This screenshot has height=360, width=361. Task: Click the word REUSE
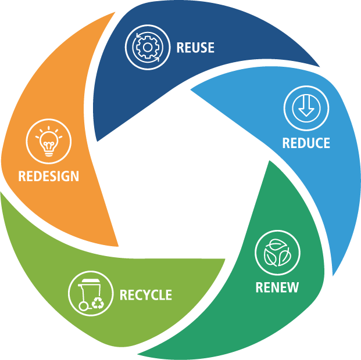click(x=195, y=48)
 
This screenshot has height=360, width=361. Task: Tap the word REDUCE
click(x=306, y=143)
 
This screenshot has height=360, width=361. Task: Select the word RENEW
click(x=277, y=287)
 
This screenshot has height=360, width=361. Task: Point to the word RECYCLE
click(x=146, y=294)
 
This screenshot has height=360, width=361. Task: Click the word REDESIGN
click(x=49, y=176)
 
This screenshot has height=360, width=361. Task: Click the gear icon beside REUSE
click(x=148, y=48)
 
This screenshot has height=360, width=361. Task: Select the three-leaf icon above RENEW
click(x=277, y=253)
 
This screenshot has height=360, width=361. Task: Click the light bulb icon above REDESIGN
click(x=49, y=141)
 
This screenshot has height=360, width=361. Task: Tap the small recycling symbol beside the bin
click(x=98, y=303)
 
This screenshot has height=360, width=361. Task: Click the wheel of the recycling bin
click(x=83, y=306)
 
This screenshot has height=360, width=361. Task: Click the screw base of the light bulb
click(x=49, y=153)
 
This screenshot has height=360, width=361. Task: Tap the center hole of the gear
click(x=148, y=48)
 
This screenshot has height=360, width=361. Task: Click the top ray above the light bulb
click(x=49, y=128)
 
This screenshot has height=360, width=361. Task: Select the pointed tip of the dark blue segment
click(x=98, y=141)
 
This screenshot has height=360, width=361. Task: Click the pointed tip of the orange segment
click(x=118, y=246)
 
